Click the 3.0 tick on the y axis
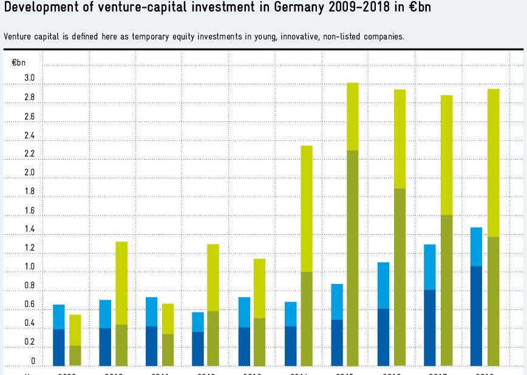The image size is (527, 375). [x=29, y=78]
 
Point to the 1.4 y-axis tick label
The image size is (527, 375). [x=29, y=229]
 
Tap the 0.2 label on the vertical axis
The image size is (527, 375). [x=29, y=343]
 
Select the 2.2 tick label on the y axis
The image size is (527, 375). [x=29, y=154]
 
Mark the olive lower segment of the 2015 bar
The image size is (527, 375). [x=353, y=258]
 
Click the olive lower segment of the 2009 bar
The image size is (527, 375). [x=75, y=356]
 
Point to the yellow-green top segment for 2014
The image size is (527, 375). [x=307, y=209]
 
